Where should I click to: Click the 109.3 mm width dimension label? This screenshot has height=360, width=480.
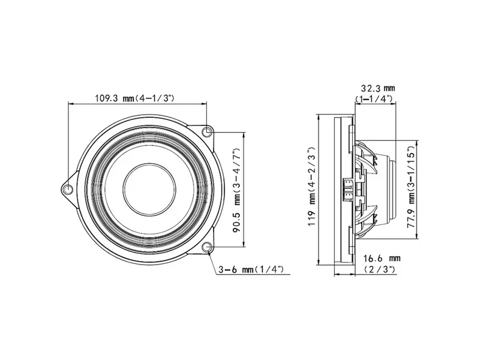tap(134, 98)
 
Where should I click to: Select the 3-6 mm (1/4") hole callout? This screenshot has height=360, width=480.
tap(251, 269)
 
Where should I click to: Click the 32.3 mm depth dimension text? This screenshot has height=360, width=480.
tap(378, 88)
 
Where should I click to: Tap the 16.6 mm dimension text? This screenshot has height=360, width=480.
tap(382, 259)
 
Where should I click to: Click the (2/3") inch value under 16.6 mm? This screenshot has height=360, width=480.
tap(380, 269)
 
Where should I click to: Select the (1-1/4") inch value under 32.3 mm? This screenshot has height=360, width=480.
tap(374, 99)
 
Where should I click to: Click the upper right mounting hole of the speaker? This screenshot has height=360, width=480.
tap(207, 132)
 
